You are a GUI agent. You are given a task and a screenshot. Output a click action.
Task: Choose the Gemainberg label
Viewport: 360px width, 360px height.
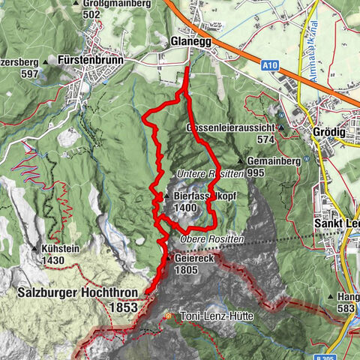273,160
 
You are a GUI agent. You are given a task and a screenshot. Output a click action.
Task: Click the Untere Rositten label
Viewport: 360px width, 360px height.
211,173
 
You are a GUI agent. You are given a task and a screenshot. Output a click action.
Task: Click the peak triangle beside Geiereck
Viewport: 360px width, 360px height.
172,257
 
